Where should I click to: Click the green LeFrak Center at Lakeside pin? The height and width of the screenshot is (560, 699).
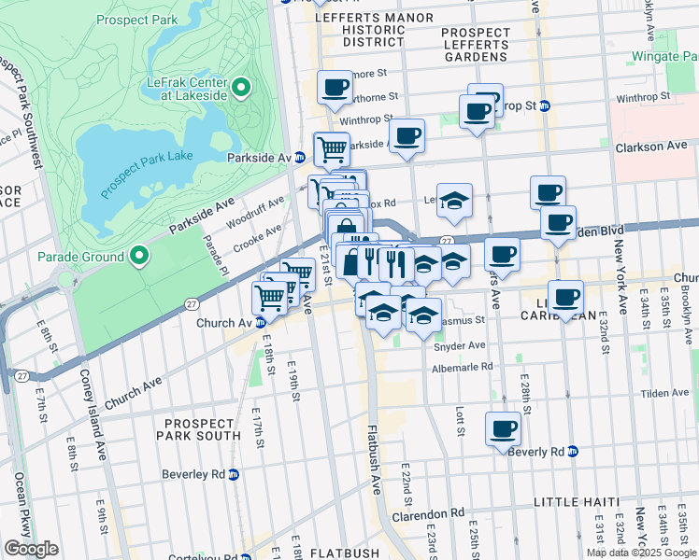coord(241,89)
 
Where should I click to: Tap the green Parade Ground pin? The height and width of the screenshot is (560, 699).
coord(139,256)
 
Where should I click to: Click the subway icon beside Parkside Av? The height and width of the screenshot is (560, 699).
coord(300,157)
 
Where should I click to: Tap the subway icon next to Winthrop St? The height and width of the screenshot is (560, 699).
coord(545,105)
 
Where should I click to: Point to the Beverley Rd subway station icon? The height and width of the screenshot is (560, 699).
coord(235,474)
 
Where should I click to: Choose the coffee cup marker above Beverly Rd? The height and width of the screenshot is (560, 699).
coord(503,428)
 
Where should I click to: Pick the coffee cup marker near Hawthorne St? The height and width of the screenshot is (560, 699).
coord(335,89)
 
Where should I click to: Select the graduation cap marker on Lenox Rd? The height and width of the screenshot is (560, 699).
coord(454,201)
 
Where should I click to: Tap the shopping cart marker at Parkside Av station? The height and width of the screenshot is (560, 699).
coord(331,148)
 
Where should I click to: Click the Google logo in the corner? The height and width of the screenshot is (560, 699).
coord(31,548)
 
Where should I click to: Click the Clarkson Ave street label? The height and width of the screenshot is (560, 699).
coord(651,147)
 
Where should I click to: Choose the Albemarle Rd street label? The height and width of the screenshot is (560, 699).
coord(462,368)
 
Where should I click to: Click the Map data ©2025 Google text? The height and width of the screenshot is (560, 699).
coord(640,553)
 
